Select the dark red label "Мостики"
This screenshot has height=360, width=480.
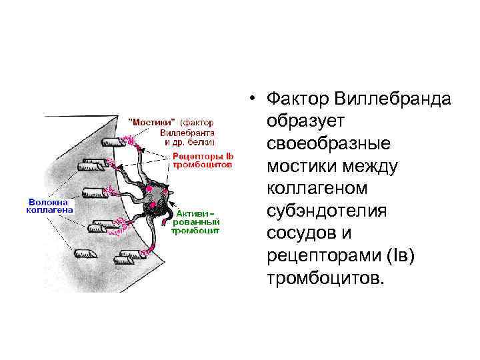tap(151, 123)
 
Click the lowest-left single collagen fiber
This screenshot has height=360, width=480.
tap(85, 255)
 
